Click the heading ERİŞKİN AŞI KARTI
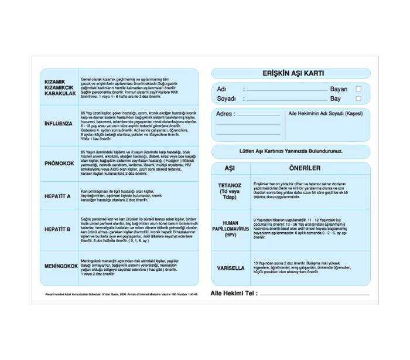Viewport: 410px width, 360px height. (291, 73)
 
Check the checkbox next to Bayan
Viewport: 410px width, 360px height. (358, 89)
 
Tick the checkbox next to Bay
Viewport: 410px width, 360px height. (358, 99)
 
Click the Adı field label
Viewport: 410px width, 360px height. (221, 89)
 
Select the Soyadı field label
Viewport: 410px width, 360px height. (226, 99)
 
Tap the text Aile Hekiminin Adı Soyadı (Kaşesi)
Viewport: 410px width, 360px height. (326, 113)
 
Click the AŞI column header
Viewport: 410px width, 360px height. (230, 168)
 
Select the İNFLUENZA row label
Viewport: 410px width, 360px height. (59, 124)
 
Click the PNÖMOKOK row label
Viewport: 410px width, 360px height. (59, 164)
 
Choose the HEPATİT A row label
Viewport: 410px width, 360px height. (58, 195)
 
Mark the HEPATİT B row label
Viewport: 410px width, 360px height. (58, 229)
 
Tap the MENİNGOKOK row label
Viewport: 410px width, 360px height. (61, 266)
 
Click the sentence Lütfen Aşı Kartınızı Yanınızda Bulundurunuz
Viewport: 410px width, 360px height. (291, 151)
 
